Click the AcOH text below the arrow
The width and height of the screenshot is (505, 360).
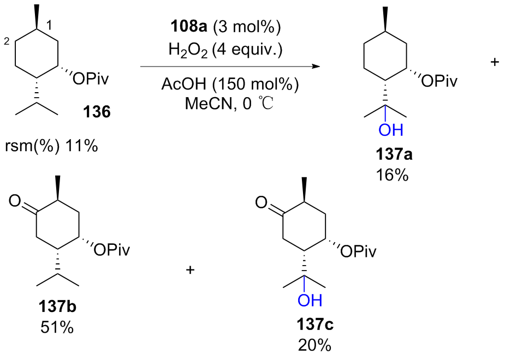click(x=182, y=86)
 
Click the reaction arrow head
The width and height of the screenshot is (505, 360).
click(x=315, y=67)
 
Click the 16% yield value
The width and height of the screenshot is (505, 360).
click(x=393, y=176)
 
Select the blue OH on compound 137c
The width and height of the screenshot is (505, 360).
click(x=310, y=300)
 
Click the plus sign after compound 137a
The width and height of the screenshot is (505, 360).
click(x=495, y=62)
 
